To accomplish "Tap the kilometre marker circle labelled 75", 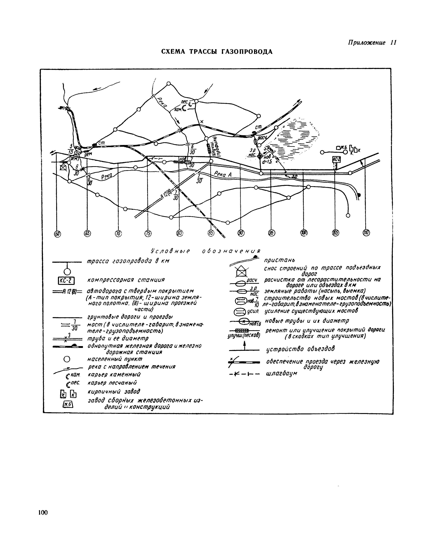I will point(148,233).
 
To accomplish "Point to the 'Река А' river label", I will point(223,174).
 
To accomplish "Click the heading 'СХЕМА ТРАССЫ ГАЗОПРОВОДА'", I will point(217,52).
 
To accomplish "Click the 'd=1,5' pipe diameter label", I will point(267,162).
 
